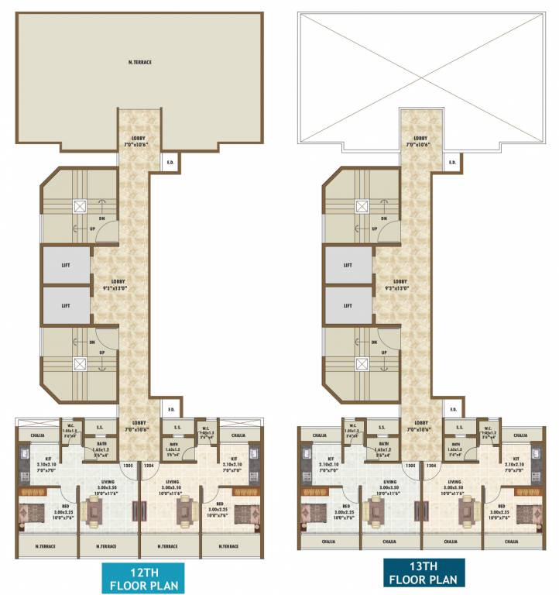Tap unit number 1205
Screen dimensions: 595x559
(x=128, y=466)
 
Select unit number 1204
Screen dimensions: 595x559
(x=149, y=466)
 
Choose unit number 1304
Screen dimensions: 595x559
(x=431, y=466)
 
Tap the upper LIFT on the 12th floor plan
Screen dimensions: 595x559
(x=66, y=266)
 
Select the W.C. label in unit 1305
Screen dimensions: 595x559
(x=352, y=426)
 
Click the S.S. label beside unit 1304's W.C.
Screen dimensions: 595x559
(x=459, y=427)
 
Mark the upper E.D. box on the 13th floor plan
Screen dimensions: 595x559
(x=452, y=163)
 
